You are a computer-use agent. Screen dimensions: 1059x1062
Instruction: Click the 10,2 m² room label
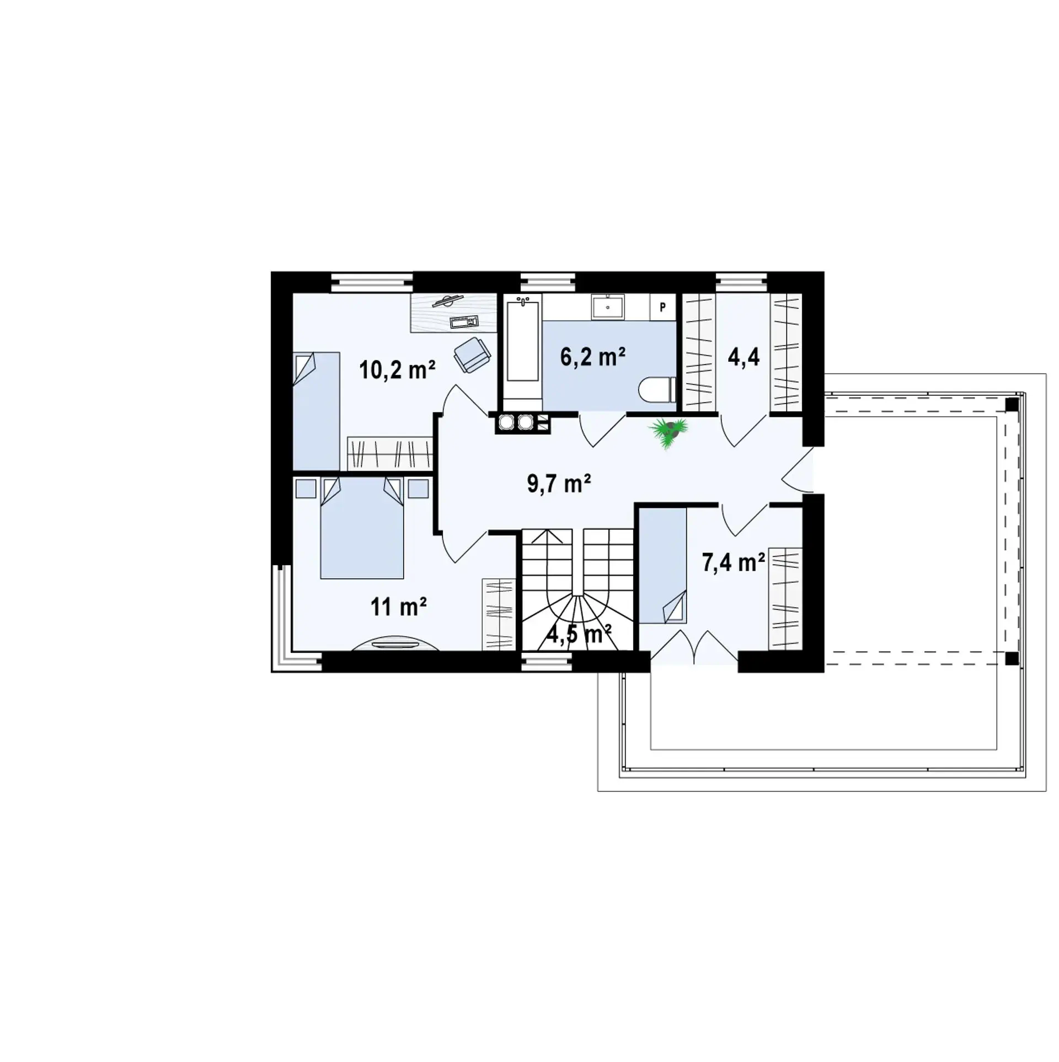[397, 370]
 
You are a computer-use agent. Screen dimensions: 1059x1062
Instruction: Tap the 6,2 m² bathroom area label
[592, 357]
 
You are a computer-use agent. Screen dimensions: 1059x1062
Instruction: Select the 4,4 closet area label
[744, 357]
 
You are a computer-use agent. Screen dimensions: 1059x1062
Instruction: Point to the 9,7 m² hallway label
[559, 483]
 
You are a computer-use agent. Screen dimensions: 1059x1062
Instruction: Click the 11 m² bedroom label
[399, 607]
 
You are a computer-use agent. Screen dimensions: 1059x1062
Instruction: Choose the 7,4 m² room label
[733, 562]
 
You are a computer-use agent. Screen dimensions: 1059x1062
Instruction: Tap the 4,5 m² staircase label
[579, 634]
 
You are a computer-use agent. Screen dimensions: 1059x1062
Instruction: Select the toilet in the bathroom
[657, 390]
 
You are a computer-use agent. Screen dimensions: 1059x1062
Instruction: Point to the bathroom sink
[608, 307]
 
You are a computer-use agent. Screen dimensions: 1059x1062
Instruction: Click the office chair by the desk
[472, 353]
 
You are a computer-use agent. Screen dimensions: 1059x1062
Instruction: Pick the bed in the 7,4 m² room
[662, 566]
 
